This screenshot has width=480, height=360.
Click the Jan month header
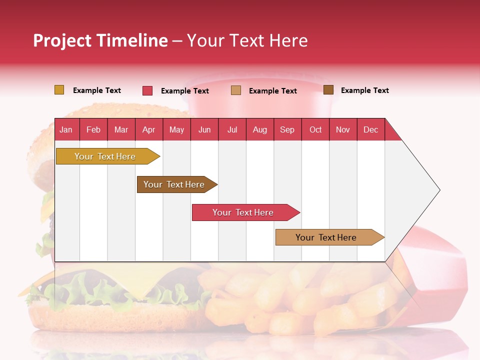click(66, 129)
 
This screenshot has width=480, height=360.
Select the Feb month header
click(93, 129)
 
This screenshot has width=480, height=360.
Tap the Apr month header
click(148, 129)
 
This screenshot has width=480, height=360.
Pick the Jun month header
click(204, 129)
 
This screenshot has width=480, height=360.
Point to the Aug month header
click(259, 129)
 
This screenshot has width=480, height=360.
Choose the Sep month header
click(287, 129)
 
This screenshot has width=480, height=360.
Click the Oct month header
click(315, 129)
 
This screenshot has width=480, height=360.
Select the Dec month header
click(370, 129)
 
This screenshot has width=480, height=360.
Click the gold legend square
click(59, 90)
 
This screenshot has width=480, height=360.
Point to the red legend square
click(147, 90)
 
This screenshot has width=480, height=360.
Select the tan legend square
click(236, 90)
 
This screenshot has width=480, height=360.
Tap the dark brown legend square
click(328, 90)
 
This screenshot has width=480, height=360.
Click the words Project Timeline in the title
click(100, 40)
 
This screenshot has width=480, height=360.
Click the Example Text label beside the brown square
click(364, 90)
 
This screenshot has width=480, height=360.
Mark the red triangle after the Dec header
click(391, 133)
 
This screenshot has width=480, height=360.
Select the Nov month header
click(343, 129)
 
